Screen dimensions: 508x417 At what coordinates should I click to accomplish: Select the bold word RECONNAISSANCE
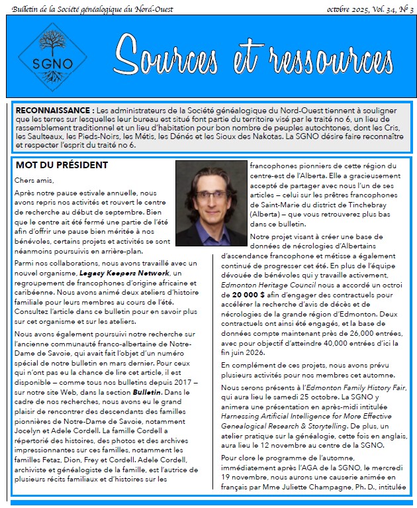(x=54, y=109)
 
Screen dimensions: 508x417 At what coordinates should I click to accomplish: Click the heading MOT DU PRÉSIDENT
(x=62, y=164)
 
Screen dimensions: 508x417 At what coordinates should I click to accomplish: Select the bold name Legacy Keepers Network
(x=124, y=273)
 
